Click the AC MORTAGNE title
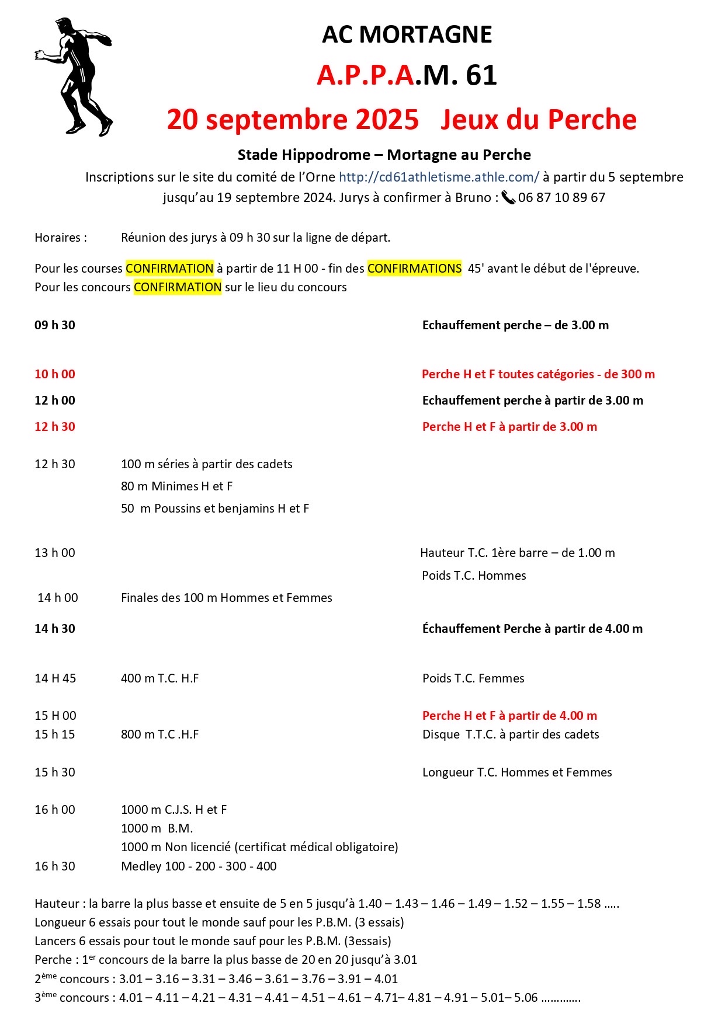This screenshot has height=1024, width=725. pyautogui.click(x=407, y=35)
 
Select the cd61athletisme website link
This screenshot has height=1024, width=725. pyautogui.click(x=439, y=177)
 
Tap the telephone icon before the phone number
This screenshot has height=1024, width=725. pyautogui.click(x=508, y=198)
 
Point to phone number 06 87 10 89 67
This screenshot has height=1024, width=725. pyautogui.click(x=561, y=198)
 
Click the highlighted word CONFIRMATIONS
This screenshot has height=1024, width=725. pyautogui.click(x=414, y=269)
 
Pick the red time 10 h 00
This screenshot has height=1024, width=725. pyautogui.click(x=55, y=374)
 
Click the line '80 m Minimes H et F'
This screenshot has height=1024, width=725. pyautogui.click(x=176, y=486)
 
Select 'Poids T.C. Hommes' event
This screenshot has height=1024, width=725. pyautogui.click(x=474, y=576)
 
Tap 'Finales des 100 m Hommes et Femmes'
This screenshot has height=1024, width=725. pyautogui.click(x=226, y=598)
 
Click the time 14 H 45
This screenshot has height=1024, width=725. pyautogui.click(x=55, y=678)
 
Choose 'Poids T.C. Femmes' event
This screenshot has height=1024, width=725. pyautogui.click(x=473, y=678)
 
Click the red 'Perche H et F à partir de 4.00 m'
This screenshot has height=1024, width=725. pyautogui.click(x=509, y=716)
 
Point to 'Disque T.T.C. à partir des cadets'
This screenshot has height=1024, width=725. pyautogui.click(x=511, y=734)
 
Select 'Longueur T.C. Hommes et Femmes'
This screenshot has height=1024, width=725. pyautogui.click(x=517, y=772)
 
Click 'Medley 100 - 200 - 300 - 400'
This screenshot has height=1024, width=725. pyautogui.click(x=199, y=866)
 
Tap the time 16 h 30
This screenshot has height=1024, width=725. pyautogui.click(x=55, y=866)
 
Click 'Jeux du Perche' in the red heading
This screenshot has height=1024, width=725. pyautogui.click(x=538, y=120)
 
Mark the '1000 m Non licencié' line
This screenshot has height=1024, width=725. pyautogui.click(x=259, y=847)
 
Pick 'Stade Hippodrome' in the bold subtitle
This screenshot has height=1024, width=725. pyautogui.click(x=304, y=155)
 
